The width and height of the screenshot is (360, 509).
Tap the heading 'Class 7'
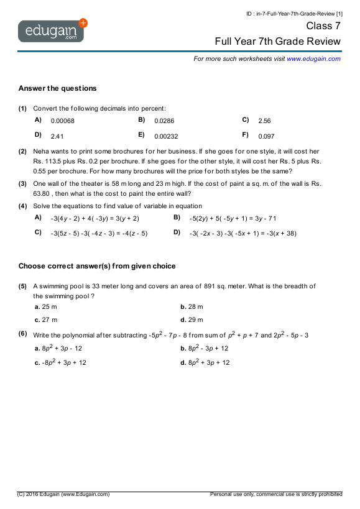323,26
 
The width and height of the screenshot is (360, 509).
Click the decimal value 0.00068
62,121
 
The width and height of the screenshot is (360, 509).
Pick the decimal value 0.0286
164,121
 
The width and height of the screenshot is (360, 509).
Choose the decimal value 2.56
264,121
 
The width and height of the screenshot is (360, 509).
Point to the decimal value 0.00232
166,136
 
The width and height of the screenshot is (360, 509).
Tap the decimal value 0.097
266,136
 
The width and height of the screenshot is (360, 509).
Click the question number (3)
22,183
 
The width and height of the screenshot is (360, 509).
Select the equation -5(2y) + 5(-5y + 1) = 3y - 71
233,218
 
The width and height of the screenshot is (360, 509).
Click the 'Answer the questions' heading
57,88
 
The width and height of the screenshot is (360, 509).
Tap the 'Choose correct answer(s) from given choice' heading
97,266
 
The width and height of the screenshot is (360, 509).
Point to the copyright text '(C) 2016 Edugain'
63,494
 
